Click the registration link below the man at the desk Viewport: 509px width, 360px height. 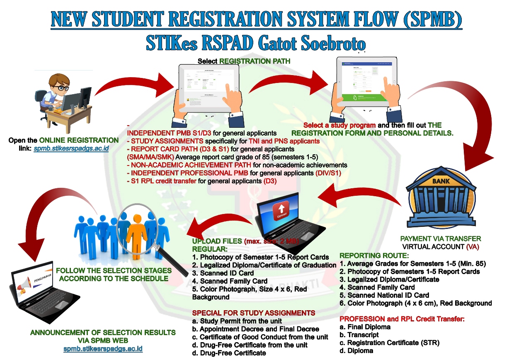pos(71,148)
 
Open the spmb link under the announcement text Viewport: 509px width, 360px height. pos(103,348)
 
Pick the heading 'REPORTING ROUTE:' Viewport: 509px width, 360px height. pos(368,256)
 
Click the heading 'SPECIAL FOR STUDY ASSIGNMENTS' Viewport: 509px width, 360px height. pos(254,313)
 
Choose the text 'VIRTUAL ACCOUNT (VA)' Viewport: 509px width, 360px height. pos(440,246)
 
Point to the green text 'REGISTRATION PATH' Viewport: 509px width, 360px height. pos(254,61)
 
